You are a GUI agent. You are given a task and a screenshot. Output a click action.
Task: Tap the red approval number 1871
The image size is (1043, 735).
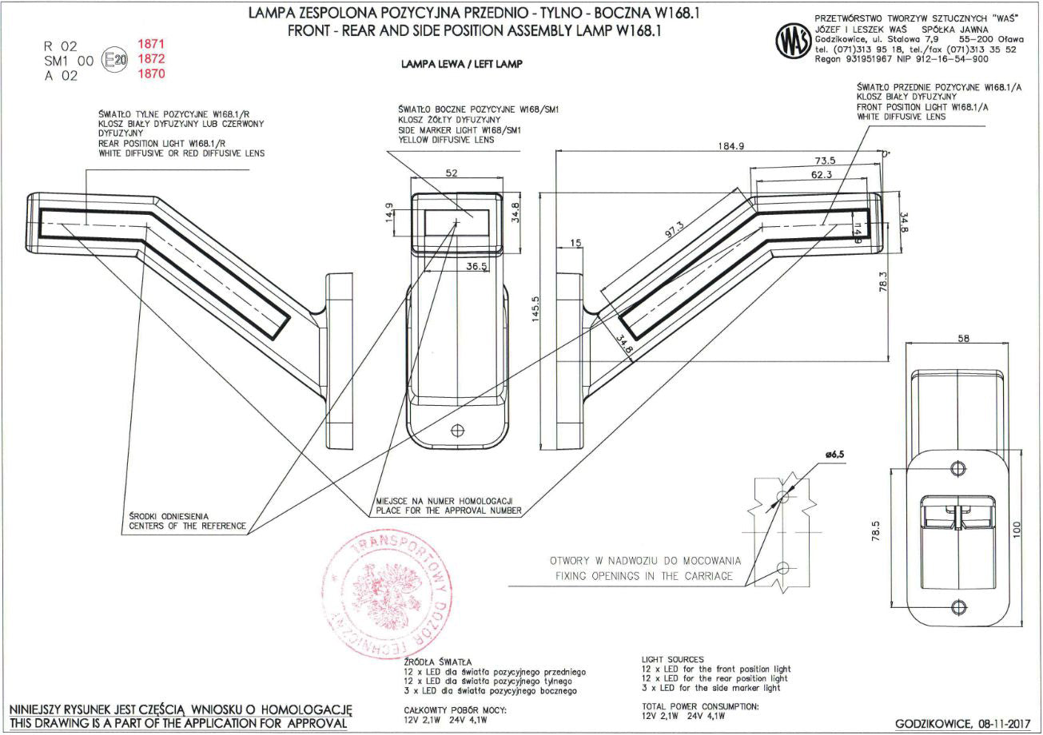pos(151,44)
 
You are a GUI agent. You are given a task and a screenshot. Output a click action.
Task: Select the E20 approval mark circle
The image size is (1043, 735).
pos(116,59)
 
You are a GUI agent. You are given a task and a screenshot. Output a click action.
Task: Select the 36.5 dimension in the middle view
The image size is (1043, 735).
pos(476,267)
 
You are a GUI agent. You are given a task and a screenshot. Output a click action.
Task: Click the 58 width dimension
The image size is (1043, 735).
pos(963,339)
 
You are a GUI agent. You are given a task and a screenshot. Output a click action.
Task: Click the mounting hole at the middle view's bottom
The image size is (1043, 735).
pos(458,430)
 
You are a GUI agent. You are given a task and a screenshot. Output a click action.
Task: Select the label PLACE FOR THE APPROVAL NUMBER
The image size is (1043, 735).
pos(448,510)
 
